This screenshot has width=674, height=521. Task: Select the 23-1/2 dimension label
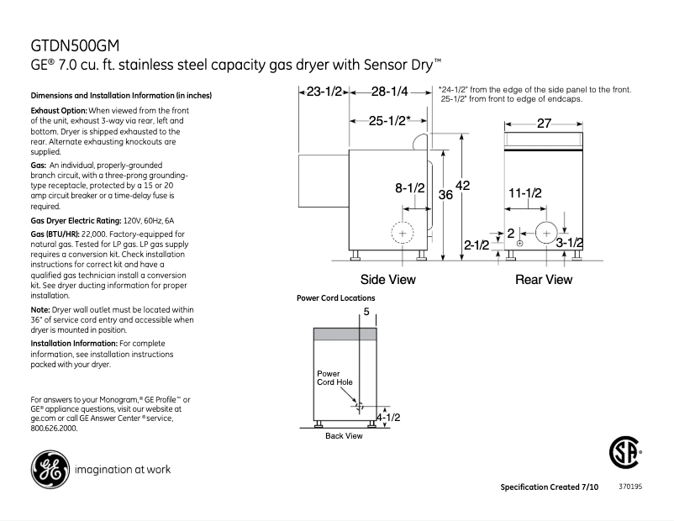[x=324, y=91]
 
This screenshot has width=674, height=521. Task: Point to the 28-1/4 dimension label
[x=390, y=91]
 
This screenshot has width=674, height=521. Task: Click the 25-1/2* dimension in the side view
[x=389, y=121]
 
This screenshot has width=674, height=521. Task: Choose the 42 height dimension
[x=463, y=186]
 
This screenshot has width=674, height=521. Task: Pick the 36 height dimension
[x=445, y=195]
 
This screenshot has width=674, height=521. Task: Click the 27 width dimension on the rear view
[x=543, y=124]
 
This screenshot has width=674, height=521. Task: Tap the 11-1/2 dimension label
[x=525, y=193]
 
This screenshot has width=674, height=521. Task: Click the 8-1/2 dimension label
[x=410, y=189]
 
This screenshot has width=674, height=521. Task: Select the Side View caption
[x=387, y=280]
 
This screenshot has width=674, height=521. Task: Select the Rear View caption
[x=544, y=280]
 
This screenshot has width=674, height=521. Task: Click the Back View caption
[x=344, y=436]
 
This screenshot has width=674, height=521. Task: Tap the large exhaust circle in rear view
[x=546, y=231]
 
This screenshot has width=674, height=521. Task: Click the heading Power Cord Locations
[x=336, y=298]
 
